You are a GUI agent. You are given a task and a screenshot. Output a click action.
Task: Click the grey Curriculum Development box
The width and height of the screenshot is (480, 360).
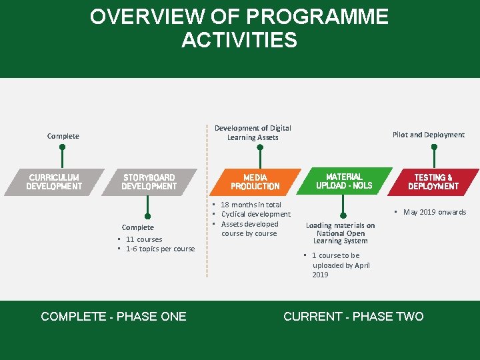54,182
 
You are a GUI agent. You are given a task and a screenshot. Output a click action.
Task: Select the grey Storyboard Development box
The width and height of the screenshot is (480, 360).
149,182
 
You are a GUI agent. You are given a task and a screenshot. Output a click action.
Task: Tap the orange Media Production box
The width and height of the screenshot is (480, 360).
255,182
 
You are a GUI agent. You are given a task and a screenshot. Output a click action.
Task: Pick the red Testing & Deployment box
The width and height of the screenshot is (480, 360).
433,182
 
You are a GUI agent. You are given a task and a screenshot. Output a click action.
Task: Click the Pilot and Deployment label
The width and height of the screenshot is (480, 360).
428,135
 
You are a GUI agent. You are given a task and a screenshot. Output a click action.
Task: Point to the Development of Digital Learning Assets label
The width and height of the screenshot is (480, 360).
253,133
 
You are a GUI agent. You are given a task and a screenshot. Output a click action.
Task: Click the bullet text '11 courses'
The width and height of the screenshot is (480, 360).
144,239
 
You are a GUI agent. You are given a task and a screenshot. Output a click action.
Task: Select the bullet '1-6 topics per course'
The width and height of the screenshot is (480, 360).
160,249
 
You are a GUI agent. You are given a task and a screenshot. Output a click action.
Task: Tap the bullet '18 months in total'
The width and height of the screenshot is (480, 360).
251,205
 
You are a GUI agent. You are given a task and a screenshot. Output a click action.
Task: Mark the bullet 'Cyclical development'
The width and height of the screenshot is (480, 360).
255,214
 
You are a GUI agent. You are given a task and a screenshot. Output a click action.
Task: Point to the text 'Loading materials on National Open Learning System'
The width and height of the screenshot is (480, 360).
340,233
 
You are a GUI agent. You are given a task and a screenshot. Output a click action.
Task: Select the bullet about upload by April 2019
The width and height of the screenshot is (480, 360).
340,265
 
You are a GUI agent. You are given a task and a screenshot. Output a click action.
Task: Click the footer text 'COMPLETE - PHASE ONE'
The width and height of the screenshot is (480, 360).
113,317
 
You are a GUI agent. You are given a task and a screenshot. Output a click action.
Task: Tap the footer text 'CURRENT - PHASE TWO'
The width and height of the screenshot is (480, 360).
353,317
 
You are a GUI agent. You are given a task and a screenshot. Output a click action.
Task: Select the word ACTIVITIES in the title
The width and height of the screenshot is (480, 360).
239,41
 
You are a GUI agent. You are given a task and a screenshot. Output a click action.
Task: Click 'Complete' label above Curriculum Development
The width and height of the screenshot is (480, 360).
63,136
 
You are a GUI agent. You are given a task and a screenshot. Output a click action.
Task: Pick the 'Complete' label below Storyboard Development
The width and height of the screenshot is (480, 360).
138,227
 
